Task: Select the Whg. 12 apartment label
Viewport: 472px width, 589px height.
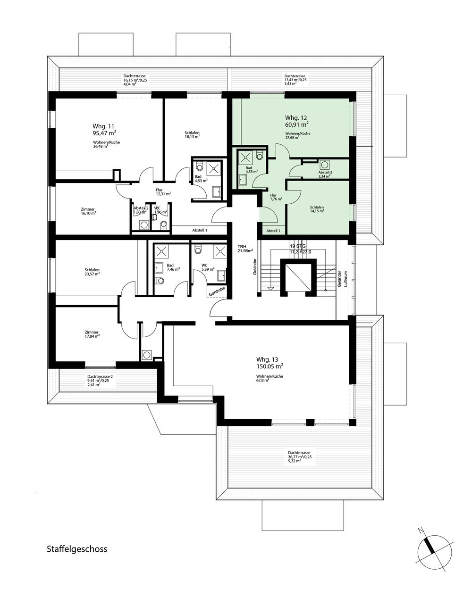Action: point(296,118)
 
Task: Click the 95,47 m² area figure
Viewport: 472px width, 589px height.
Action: point(104,133)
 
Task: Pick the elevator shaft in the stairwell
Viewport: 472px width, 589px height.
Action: point(296,277)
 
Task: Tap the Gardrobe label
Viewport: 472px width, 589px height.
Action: point(217,291)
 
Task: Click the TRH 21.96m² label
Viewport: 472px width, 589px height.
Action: point(245,248)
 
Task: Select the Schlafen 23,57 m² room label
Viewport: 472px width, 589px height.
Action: point(92,272)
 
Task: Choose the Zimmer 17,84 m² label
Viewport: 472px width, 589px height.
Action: point(92,334)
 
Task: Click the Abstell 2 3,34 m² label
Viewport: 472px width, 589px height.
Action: point(325,174)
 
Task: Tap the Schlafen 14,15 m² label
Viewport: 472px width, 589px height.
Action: point(317,209)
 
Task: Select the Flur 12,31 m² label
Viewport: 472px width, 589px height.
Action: point(163,191)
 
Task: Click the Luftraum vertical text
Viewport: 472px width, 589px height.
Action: point(346,279)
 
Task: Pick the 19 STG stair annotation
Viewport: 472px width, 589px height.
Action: point(298,246)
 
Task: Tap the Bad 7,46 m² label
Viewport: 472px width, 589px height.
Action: point(173,267)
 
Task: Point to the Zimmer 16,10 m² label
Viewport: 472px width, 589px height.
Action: point(88,211)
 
